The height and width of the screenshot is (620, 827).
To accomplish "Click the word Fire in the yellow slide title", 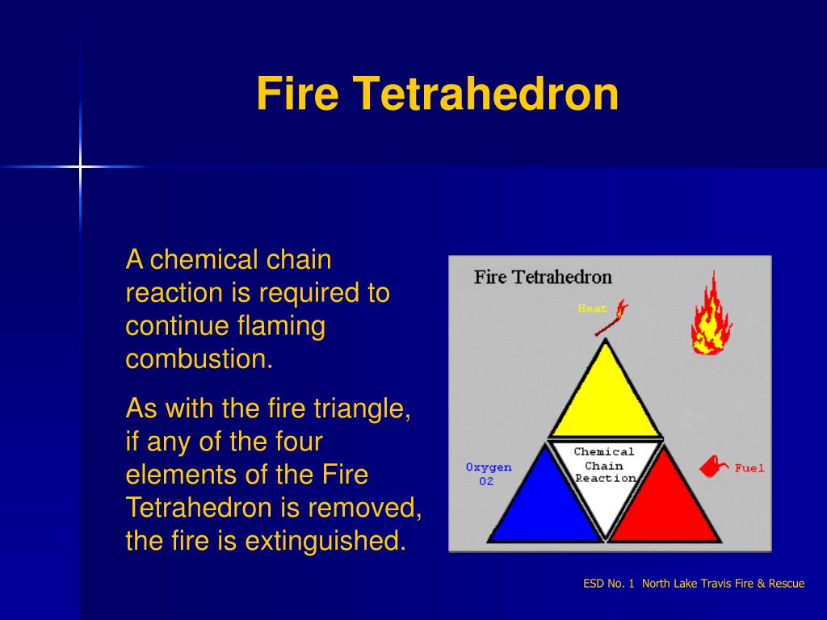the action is [x=297, y=94].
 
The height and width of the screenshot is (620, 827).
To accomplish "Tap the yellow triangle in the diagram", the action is [x=606, y=396].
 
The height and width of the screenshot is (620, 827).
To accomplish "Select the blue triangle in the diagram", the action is [x=545, y=501].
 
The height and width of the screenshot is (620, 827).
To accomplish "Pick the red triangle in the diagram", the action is [x=665, y=501].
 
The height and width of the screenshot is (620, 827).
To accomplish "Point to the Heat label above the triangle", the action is [x=592, y=308].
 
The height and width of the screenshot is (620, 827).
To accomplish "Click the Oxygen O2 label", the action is [x=489, y=474].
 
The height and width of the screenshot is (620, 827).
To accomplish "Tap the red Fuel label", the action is [x=749, y=468].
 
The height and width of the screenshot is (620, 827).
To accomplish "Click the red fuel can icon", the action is [x=713, y=467].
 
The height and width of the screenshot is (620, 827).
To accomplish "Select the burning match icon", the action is [x=612, y=317].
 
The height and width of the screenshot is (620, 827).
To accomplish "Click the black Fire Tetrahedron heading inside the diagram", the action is [x=543, y=278].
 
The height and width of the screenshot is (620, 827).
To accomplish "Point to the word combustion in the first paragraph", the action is [x=199, y=359].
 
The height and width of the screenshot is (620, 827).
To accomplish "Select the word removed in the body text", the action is [x=365, y=508].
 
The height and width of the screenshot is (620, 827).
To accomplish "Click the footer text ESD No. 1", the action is [x=609, y=584].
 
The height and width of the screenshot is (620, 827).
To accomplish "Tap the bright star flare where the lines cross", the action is [x=80, y=167].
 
